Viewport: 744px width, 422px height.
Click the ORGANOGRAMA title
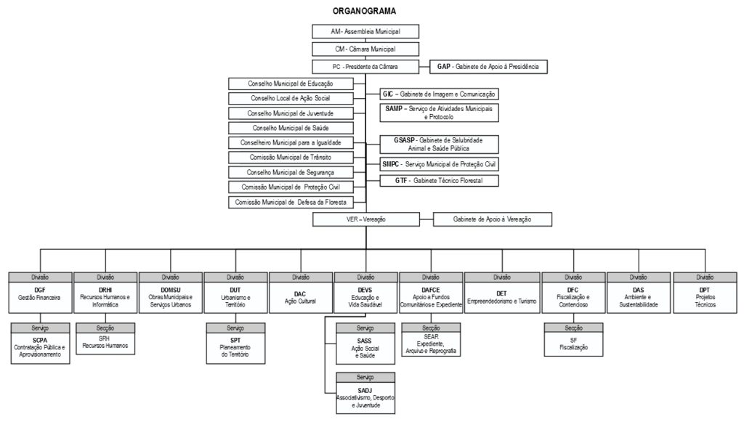pos(365,11)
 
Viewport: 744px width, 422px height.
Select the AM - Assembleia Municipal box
pos(366,32)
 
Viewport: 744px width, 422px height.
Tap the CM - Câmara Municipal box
pos(366,49)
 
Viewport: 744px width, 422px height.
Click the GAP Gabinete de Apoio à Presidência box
pos(488,67)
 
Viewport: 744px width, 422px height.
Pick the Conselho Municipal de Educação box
pos(291,84)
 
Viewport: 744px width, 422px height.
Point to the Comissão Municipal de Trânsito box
pos(291,157)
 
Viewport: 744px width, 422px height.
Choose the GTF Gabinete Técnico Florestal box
pos(440,179)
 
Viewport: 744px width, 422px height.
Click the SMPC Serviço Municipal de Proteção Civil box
pos(440,164)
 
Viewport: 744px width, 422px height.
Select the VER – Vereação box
pos(366,219)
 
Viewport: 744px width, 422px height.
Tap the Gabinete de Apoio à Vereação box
pos(492,219)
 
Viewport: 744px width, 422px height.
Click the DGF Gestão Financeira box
pos(40,299)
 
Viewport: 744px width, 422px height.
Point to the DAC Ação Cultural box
pos(300,299)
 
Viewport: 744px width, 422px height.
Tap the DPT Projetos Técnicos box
pos(704,299)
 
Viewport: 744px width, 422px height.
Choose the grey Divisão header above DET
pos(501,277)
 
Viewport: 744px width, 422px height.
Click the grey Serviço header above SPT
pos(235,328)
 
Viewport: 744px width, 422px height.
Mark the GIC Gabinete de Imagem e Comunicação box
pos(440,94)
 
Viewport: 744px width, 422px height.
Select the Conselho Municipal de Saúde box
pos(291,128)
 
